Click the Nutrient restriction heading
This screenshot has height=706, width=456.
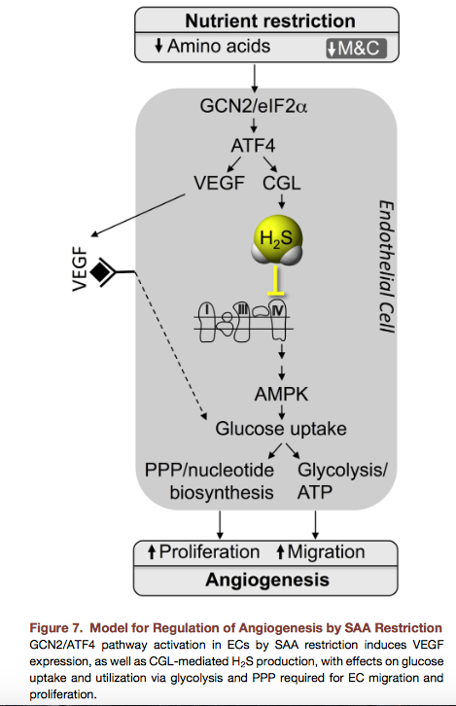coord(270,20)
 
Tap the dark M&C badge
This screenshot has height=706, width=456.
coord(357,49)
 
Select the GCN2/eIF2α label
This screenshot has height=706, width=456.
coord(254,106)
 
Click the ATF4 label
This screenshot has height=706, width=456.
coord(253,146)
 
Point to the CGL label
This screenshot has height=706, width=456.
coord(281,183)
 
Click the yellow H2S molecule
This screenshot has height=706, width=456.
coord(277,239)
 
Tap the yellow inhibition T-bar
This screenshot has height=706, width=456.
coord(275,280)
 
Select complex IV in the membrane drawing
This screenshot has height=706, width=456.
coord(278,321)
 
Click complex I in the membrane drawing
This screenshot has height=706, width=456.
coord(207,322)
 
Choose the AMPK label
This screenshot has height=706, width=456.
coord(281,395)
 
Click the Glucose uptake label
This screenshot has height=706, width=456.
coord(281,429)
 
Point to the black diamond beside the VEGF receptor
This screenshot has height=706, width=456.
coord(99,271)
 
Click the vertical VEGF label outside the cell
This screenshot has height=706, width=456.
coord(80,268)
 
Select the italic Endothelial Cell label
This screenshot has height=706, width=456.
coord(386,266)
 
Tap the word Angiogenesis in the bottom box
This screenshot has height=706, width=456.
coord(267,580)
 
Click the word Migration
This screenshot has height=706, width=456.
coord(326,552)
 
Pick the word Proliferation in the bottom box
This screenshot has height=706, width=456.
coord(209,552)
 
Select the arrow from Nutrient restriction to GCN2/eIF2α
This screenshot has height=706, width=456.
coord(255,79)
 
